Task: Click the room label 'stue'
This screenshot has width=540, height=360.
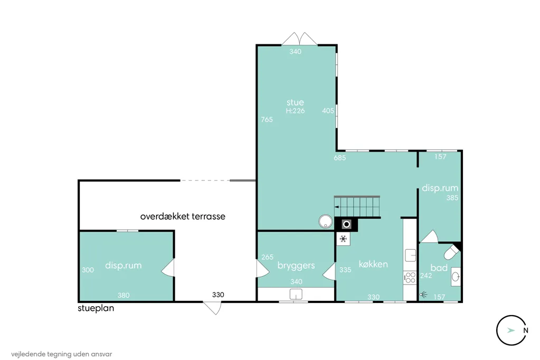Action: tap(295, 102)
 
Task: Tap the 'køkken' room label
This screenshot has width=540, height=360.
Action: tap(373, 264)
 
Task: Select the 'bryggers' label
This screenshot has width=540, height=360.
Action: tap(296, 266)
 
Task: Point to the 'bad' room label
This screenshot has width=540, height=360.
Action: tap(439, 268)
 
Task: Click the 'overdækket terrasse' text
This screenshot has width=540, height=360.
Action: tap(183, 216)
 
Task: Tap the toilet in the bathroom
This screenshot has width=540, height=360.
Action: tap(452, 252)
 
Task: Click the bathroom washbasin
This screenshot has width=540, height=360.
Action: tap(456, 276)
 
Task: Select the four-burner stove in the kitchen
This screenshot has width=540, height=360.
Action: tap(410, 278)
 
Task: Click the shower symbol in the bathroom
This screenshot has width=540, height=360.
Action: tap(423, 294)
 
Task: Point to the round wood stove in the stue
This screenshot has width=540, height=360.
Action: tap(326, 221)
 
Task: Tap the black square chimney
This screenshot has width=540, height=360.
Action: tap(346, 225)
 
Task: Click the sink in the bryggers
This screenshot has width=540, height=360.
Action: tap(296, 294)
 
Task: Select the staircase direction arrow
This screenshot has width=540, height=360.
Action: tap(337, 207)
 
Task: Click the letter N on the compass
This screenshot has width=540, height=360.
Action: tap(526, 330)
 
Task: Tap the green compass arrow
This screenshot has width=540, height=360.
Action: tap(511, 330)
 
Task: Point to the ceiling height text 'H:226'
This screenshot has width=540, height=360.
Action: tap(295, 111)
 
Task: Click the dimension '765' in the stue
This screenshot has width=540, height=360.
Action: tap(267, 119)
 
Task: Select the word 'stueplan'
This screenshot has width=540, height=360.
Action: tap(96, 308)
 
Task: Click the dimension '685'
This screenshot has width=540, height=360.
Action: tap(339, 158)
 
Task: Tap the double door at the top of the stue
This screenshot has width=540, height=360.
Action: tap(300, 39)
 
